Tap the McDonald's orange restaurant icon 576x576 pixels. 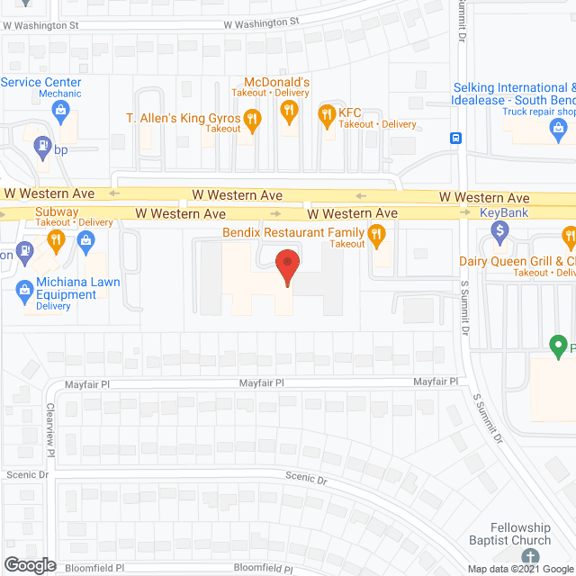tap(289, 111)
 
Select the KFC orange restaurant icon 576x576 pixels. tap(326, 114)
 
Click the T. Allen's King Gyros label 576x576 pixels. tap(184, 118)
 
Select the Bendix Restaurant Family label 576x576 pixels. tap(293, 232)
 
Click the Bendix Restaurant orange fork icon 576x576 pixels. tap(376, 237)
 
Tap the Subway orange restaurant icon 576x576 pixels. tap(56, 239)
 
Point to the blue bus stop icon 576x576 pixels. tap(457, 139)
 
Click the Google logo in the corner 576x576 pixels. tap(30, 564)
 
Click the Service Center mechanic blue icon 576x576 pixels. tap(61, 112)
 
